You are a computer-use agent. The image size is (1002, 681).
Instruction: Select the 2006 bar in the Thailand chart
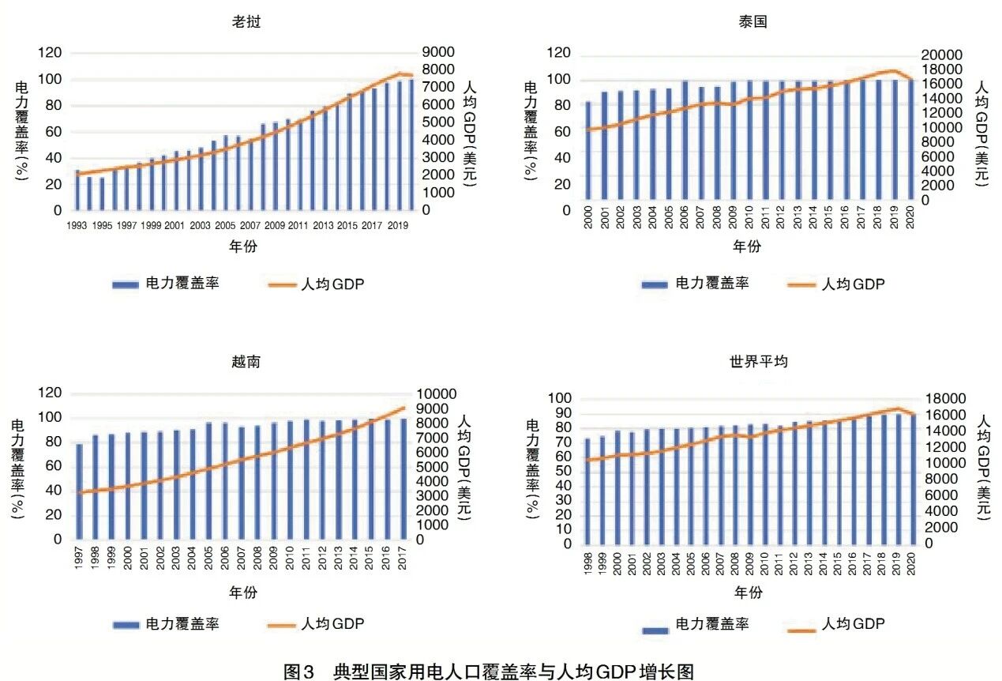point(685,139)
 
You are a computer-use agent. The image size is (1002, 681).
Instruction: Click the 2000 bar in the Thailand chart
point(588,149)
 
